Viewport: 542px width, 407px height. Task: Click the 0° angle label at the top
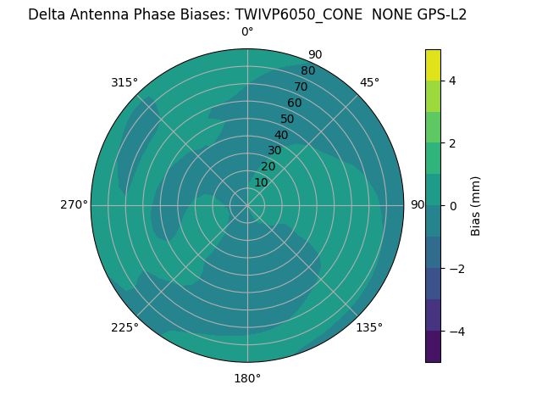247,32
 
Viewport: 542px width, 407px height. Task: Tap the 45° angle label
369,82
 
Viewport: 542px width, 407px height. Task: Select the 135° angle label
369,327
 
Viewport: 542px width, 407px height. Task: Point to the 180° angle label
247,378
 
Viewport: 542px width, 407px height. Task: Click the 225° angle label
124,327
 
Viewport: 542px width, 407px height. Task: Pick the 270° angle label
74,204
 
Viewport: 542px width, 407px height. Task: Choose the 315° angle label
124,82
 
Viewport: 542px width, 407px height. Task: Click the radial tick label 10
261,182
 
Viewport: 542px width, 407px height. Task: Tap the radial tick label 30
274,151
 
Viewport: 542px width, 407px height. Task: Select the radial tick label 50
287,120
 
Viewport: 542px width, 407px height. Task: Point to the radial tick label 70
301,87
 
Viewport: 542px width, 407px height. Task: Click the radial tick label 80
307,71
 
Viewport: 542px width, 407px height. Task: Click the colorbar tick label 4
452,81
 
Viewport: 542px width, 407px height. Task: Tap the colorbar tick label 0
452,205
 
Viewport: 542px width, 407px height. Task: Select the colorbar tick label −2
456,268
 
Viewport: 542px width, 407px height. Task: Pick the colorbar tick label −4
456,331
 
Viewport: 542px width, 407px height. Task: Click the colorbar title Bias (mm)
476,205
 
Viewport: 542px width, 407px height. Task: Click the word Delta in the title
47,14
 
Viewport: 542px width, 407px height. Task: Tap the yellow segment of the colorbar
433,64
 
